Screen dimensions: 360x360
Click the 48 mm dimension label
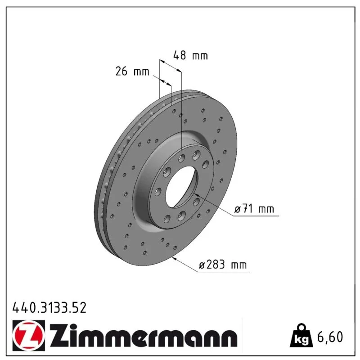[190, 55]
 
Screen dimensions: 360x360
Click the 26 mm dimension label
[132, 71]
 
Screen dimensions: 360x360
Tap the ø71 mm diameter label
[254, 209]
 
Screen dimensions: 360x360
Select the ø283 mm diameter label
[223, 265]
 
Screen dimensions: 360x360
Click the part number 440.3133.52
[49, 308]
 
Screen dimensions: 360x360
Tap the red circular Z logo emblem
[29, 335]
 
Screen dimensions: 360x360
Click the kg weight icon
[301, 337]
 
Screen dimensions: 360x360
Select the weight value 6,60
[330, 337]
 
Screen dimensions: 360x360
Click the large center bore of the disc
[181, 186]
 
